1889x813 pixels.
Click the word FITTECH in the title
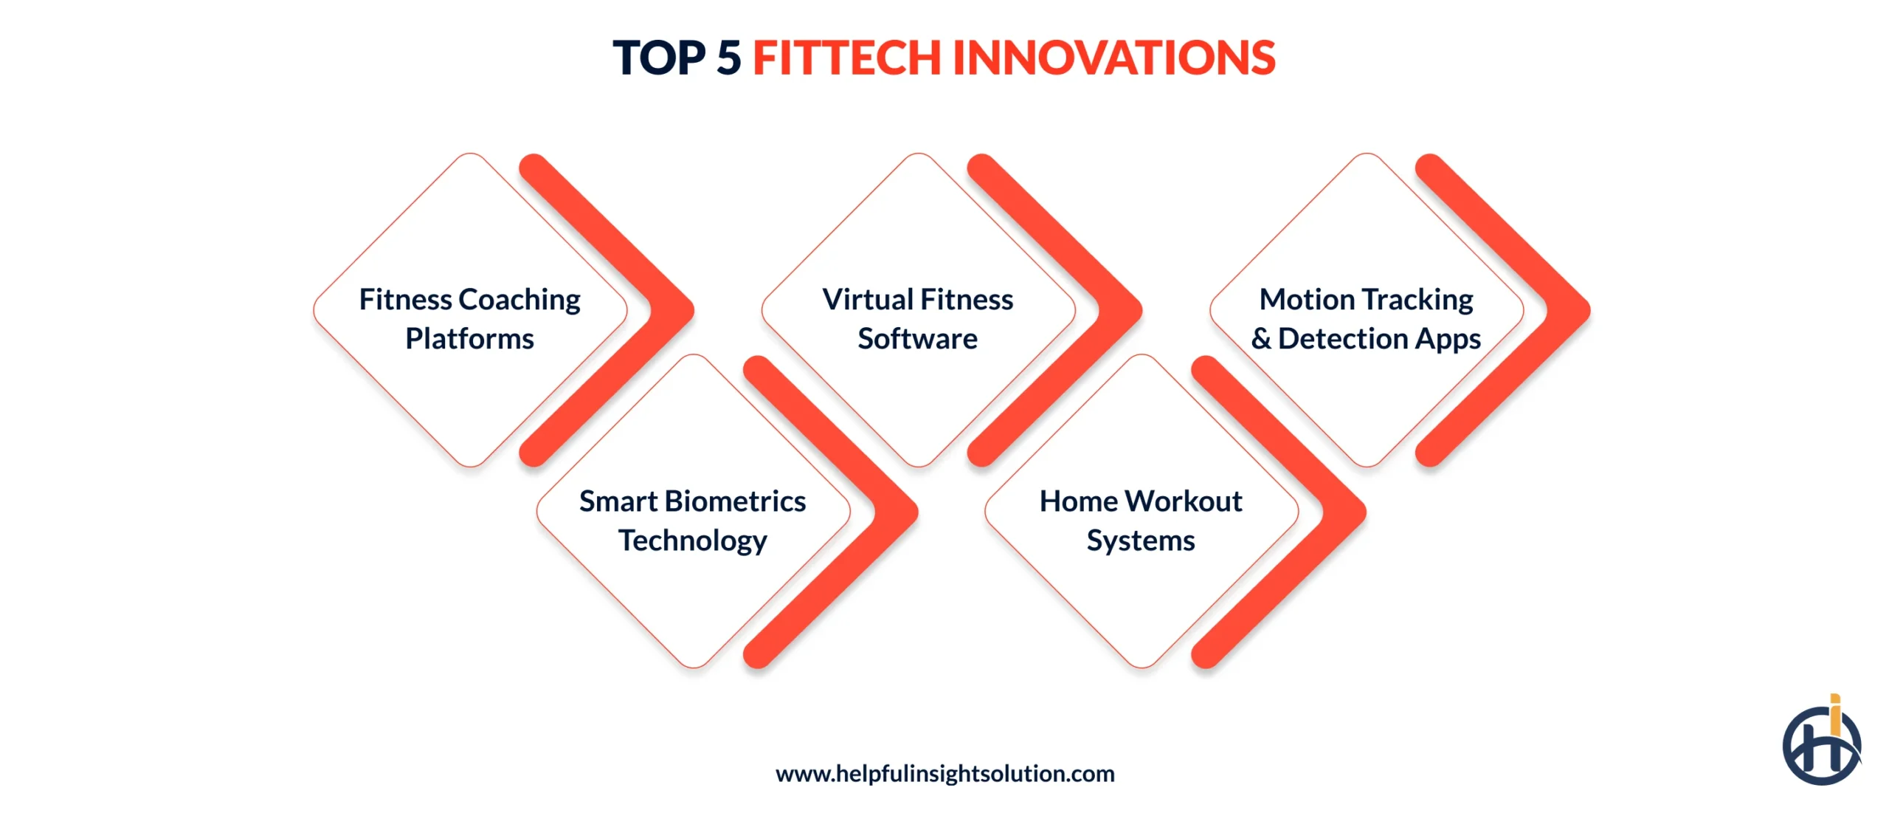click(x=846, y=58)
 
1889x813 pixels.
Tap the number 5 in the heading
click(x=728, y=58)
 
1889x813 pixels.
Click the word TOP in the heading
click(x=659, y=58)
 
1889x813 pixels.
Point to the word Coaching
click(x=519, y=300)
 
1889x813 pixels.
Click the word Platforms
click(x=469, y=339)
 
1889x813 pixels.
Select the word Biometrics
click(x=735, y=501)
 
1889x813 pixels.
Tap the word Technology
click(x=692, y=541)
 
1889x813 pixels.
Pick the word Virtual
click(x=868, y=300)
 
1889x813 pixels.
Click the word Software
click(x=917, y=339)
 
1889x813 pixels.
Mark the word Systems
click(x=1140, y=541)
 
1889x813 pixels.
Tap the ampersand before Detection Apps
click(x=1261, y=339)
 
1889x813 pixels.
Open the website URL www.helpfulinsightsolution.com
click(x=944, y=773)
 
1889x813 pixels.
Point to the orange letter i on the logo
click(x=1834, y=715)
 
